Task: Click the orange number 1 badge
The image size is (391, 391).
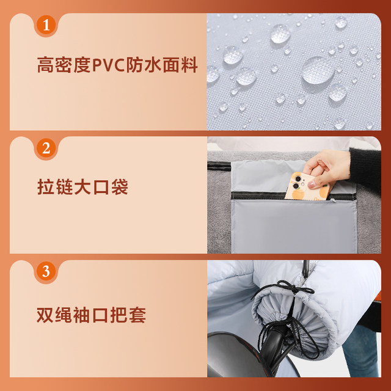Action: pyautogui.click(x=46, y=24)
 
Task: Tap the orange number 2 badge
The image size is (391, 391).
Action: pyautogui.click(x=46, y=148)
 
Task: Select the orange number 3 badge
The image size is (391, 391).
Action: pyautogui.click(x=46, y=271)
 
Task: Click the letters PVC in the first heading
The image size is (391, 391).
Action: pyautogui.click(x=109, y=65)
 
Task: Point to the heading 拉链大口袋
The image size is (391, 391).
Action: pyautogui.click(x=82, y=186)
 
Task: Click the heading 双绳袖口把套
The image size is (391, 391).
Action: pyautogui.click(x=91, y=315)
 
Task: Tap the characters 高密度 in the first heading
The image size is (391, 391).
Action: pyautogui.click(x=64, y=65)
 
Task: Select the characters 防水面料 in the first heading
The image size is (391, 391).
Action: pyautogui.click(x=162, y=65)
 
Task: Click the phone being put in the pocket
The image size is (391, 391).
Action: pyautogui.click(x=306, y=187)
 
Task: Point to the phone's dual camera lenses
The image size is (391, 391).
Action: pyautogui.click(x=298, y=182)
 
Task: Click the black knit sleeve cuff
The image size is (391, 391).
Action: pyautogui.click(x=365, y=170)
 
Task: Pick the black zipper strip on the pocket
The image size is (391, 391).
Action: pyautogui.click(x=293, y=196)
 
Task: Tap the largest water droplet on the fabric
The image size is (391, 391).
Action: pyautogui.click(x=318, y=70)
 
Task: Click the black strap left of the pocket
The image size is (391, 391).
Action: pyautogui.click(x=219, y=166)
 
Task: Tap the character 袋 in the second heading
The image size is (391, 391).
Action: pyautogui.click(x=120, y=186)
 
